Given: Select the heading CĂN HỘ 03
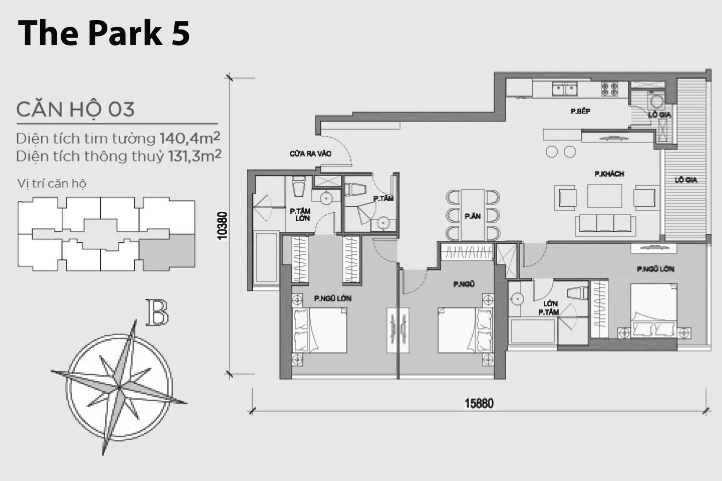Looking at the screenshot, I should click(x=75, y=109).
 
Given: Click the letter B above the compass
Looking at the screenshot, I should click(x=157, y=312).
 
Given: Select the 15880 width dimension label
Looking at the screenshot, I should click(x=479, y=403).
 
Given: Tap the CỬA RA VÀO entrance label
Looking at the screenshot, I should click(x=311, y=154).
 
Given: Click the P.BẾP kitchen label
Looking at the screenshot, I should click(x=580, y=111).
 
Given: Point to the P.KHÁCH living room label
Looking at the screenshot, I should click(x=609, y=174).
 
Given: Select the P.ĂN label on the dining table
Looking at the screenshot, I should click(x=472, y=216).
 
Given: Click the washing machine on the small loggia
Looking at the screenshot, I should click(x=657, y=100).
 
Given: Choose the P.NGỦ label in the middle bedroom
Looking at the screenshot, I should click(x=464, y=284).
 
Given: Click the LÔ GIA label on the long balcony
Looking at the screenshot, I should click(x=686, y=180).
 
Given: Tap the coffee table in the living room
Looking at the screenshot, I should click(x=604, y=196).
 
